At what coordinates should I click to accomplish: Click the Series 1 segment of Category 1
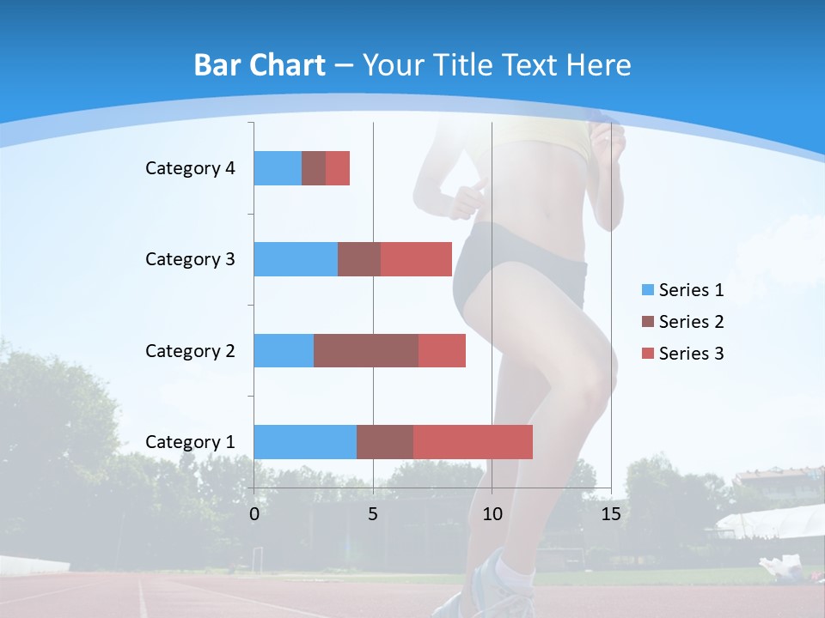(305, 442)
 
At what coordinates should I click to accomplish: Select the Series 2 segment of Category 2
(366, 350)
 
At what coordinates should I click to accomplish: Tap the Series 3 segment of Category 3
(416, 259)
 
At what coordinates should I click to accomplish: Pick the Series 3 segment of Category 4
(338, 168)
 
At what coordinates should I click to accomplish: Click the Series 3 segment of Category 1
(473, 442)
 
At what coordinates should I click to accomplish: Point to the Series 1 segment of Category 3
(296, 259)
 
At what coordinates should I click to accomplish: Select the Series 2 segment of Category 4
(314, 168)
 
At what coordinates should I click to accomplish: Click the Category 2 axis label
(190, 350)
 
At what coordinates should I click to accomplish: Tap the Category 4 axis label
(190, 168)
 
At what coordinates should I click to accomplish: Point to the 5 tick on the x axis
(373, 514)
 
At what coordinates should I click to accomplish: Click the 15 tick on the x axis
(611, 514)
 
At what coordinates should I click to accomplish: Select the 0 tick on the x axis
(254, 514)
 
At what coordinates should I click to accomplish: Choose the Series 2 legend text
(691, 322)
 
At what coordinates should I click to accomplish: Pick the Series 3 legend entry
(682, 354)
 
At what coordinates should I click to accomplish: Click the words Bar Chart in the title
(260, 65)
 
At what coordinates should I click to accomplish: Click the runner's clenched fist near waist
(465, 199)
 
